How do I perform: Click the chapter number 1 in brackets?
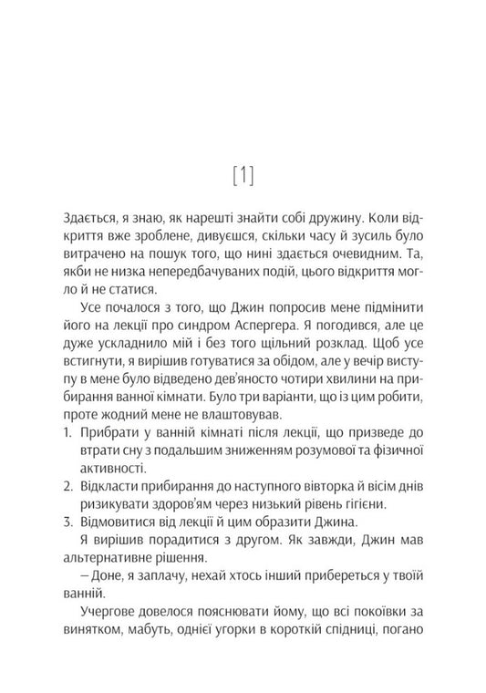[243, 174]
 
